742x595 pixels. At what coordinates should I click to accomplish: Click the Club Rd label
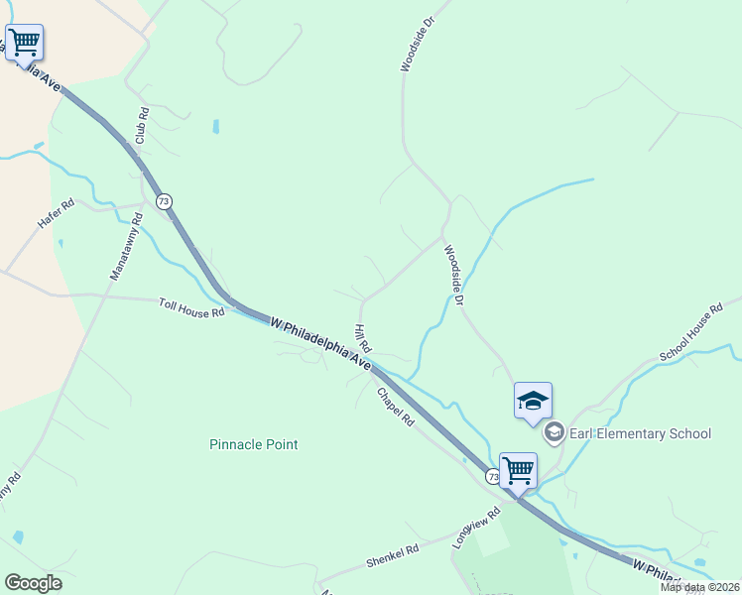point(142,125)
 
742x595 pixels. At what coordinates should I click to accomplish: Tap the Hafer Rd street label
point(56,215)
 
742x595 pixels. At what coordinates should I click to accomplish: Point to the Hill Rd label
point(362,338)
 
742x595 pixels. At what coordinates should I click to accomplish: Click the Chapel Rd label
point(394,407)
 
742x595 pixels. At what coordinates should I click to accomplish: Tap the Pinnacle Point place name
point(254,444)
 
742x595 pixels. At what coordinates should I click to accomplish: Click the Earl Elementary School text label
point(641,433)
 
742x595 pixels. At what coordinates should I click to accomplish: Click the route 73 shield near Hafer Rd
point(164,201)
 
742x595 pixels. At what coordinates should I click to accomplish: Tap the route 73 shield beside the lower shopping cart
point(493,477)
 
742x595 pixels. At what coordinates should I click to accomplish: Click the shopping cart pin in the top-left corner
point(24,43)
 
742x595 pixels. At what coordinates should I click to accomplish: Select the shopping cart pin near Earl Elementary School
point(518,469)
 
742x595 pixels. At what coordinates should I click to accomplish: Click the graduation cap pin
point(533,402)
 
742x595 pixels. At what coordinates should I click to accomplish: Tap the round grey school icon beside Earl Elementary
point(554,432)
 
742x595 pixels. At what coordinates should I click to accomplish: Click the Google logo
point(33,582)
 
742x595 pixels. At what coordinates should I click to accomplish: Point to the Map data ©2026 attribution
point(699,587)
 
